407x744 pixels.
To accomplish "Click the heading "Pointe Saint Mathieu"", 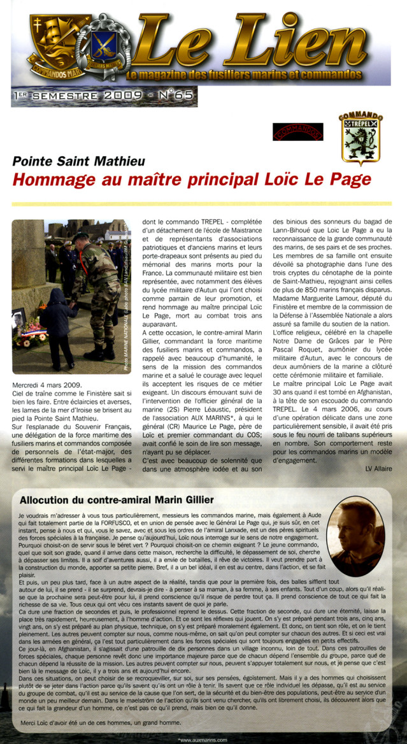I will (79, 162).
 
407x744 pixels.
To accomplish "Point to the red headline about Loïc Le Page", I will (191, 179).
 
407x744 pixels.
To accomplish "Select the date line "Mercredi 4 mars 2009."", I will (46, 385).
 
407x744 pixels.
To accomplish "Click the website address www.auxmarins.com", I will (203, 740).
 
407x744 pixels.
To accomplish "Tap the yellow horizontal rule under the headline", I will (203, 204).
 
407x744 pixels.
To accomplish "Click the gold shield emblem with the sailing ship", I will (53, 43).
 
